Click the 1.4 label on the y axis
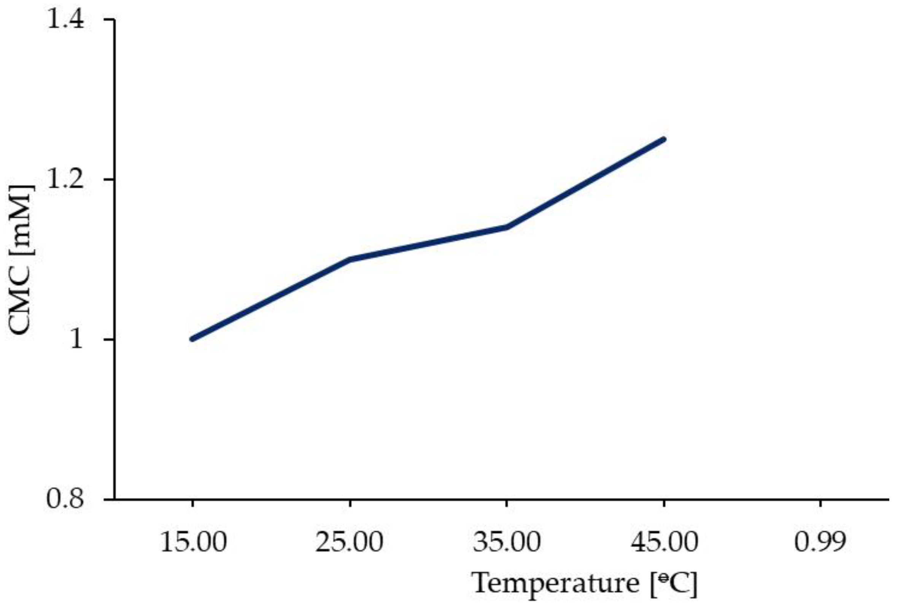[65, 19]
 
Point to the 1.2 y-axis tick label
[65, 180]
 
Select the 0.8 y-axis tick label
[65, 499]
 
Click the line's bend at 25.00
[350, 259]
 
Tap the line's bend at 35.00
[507, 227]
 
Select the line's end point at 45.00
[664, 139]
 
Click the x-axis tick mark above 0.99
[820, 504]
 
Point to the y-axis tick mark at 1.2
[110, 180]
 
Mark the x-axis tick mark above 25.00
[350, 504]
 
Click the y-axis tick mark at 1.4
[110, 19]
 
